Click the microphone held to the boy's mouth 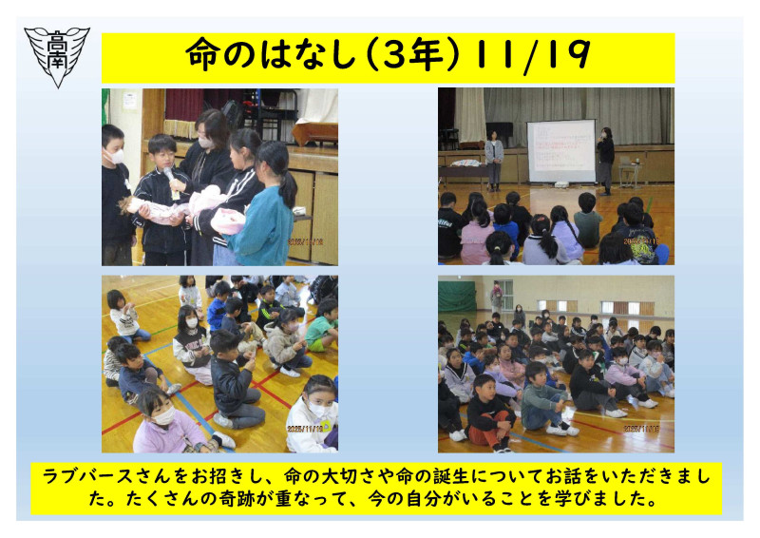[169, 175]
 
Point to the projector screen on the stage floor [560, 149]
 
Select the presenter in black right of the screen [605, 158]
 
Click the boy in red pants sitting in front [488, 413]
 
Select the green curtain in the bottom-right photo [458, 297]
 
